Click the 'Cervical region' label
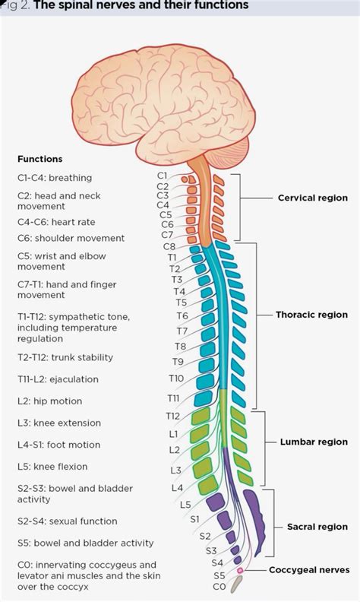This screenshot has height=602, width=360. point(312,198)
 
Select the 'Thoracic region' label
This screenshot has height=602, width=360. point(311,315)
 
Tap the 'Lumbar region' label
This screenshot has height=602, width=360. point(314,442)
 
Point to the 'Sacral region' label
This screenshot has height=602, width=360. point(317,527)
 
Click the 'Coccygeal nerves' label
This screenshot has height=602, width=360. point(309,569)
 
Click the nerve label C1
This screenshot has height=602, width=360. point(163,176)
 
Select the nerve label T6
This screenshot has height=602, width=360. point(182,315)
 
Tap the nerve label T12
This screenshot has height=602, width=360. point(172,416)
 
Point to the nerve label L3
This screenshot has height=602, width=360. point(175,471)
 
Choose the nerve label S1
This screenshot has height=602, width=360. point(194,519)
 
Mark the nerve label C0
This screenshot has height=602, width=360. point(219,587)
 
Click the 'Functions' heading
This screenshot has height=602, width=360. point(39,160)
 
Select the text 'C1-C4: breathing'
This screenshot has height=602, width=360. point(54,178)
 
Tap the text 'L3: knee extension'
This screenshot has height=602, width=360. point(58,422)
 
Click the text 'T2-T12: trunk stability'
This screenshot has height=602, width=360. point(65,357)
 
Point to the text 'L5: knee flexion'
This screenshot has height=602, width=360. point(52,467)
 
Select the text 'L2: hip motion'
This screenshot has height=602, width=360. point(49,401)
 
